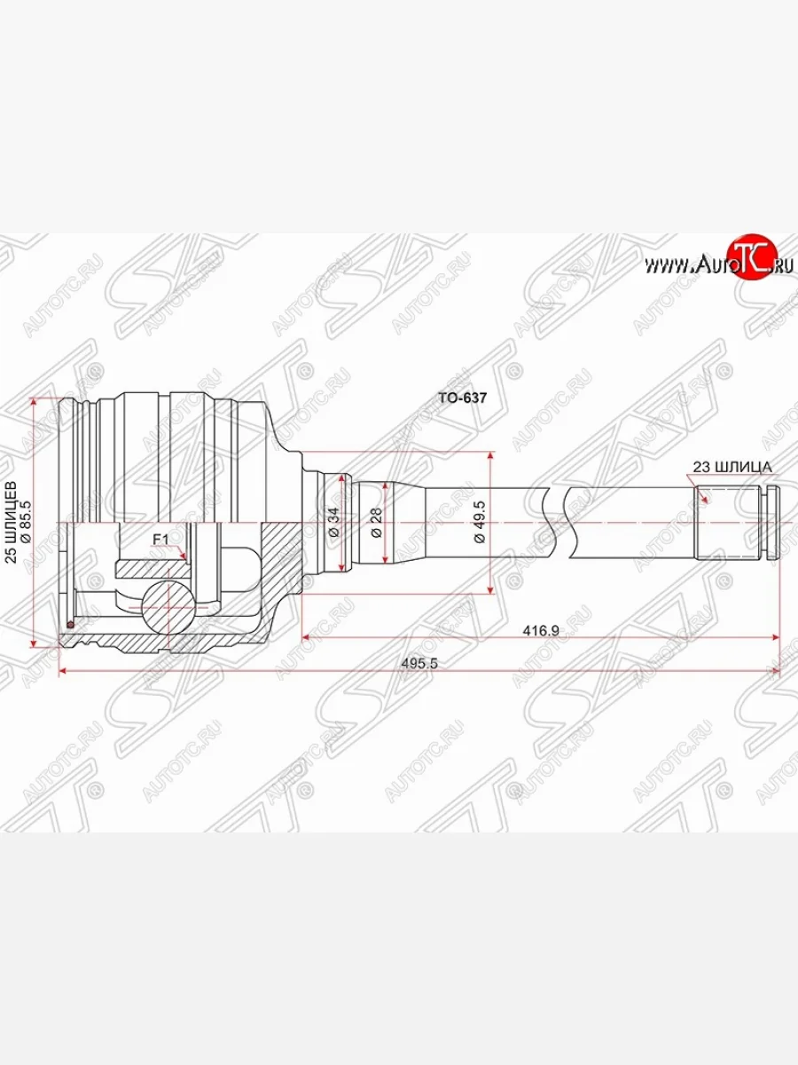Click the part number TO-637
click(463, 399)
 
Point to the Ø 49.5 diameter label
click(478, 525)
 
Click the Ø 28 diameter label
click(376, 522)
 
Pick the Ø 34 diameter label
click(333, 521)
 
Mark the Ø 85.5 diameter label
click(26, 522)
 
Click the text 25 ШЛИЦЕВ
click(11, 522)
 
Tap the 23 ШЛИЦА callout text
click(732, 466)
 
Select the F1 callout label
click(160, 539)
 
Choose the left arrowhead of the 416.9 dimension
click(307, 636)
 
